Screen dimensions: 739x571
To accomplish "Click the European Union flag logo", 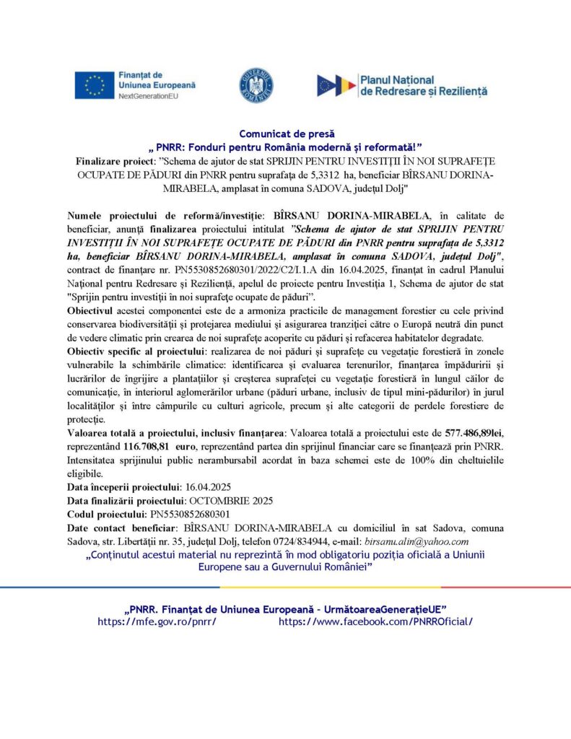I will [95, 85].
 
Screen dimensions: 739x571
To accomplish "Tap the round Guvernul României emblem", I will [256, 85].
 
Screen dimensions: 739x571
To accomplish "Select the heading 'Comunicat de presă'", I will [285, 134].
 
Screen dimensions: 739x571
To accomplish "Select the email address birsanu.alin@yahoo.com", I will [418, 541].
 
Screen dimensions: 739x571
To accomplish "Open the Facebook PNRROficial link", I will [375, 621].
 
